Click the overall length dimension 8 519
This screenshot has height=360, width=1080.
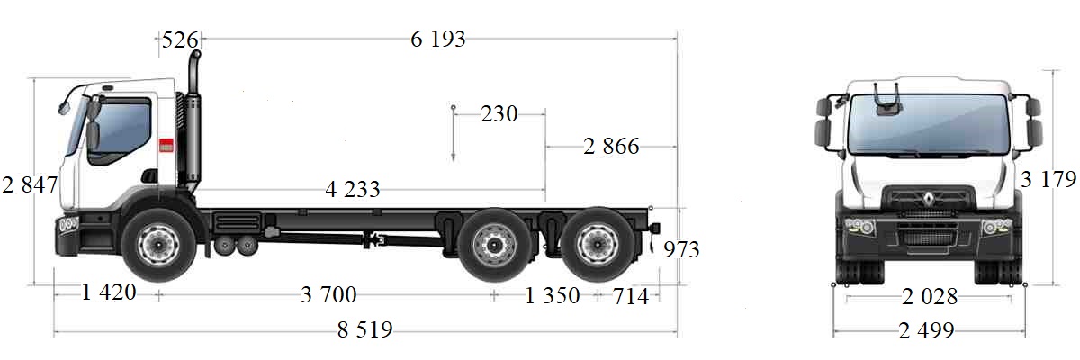tap(365, 329)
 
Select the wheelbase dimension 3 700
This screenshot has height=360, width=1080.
tap(328, 294)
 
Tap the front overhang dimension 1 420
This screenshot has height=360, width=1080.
tap(108, 292)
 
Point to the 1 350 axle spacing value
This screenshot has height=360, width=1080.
tap(553, 295)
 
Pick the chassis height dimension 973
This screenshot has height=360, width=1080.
tap(680, 249)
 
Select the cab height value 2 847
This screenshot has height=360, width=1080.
tap(30, 185)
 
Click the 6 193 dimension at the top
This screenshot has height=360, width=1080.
tap(438, 39)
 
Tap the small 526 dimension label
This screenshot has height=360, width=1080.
tap(179, 40)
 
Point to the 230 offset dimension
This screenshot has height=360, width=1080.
tap(499, 114)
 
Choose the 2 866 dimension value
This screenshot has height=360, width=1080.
tap(611, 147)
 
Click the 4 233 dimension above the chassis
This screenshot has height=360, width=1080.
tap(353, 190)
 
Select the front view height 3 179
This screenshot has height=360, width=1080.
tap(1048, 180)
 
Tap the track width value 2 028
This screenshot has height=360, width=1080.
tap(929, 296)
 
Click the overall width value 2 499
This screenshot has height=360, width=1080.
tap(926, 330)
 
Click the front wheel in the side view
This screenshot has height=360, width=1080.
tap(158, 246)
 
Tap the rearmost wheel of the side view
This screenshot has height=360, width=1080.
tap(595, 246)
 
